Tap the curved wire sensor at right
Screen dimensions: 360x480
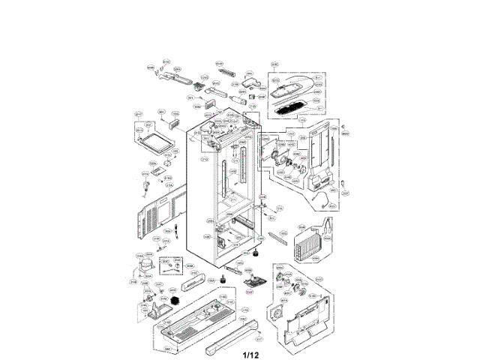point(322,199)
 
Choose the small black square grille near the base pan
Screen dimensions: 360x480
point(177,301)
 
